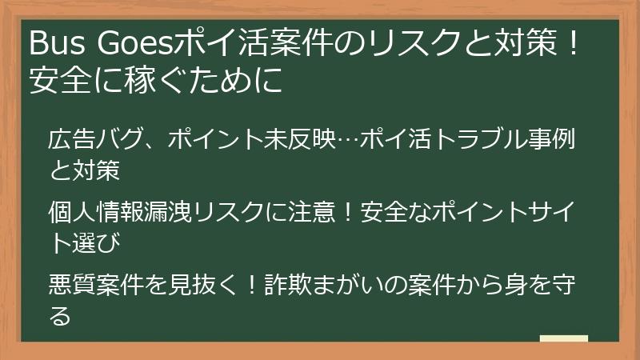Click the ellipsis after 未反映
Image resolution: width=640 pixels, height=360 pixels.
coord(346,138)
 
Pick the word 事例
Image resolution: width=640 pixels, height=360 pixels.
coord(555,138)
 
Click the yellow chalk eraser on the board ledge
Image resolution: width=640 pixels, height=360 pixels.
coord(563,338)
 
